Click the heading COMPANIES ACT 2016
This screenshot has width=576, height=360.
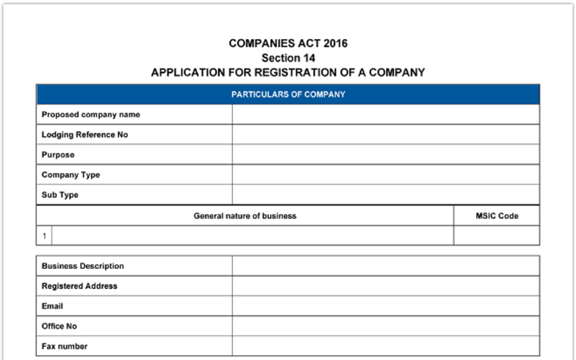[x=288, y=44]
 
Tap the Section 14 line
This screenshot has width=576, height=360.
[x=288, y=58]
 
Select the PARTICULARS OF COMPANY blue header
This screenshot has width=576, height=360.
[x=288, y=94]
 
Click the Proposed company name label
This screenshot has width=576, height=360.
[x=91, y=115]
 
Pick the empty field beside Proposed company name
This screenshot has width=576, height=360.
[x=385, y=115]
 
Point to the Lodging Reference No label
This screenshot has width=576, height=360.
[x=84, y=135]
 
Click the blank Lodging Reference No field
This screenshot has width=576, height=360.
[x=385, y=135]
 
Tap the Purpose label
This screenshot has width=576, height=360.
[x=58, y=155]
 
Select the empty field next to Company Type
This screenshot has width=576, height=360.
[x=385, y=175]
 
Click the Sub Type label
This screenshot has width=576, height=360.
[x=60, y=195]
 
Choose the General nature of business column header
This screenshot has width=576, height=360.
[x=245, y=216]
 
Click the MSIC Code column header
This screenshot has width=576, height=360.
[x=497, y=216]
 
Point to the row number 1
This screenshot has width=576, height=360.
[x=44, y=236]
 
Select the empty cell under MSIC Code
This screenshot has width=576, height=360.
[x=497, y=236]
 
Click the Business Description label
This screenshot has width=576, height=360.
[x=83, y=266]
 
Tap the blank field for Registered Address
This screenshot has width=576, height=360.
[x=385, y=286]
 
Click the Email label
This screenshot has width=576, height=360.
[x=52, y=306]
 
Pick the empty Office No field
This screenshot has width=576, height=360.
[x=385, y=326]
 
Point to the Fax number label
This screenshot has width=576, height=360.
[x=64, y=346]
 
